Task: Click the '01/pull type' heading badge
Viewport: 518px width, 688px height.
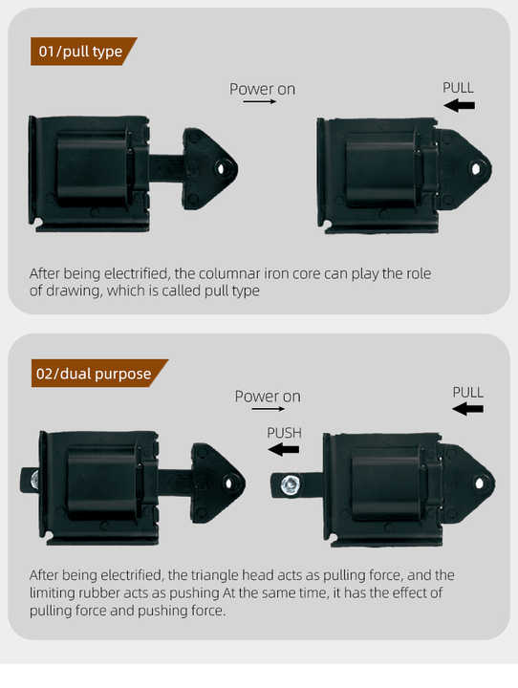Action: (x=83, y=52)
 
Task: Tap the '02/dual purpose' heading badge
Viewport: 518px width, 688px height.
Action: (x=99, y=374)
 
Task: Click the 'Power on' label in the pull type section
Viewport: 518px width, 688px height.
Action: (x=262, y=89)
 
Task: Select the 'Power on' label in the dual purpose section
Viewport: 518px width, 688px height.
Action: (x=268, y=397)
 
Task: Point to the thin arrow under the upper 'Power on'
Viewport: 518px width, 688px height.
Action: (x=259, y=102)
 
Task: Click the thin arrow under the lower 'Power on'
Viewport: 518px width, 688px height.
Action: (x=269, y=409)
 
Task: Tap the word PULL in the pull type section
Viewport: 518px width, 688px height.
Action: (x=458, y=88)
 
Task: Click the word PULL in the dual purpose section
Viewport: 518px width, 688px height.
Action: (x=468, y=393)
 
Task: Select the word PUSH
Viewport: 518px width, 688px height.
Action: (x=285, y=433)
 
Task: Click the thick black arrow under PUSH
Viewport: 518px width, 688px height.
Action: (x=283, y=450)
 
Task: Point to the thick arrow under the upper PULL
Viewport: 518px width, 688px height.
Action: (x=459, y=105)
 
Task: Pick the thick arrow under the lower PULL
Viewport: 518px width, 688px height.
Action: (x=467, y=409)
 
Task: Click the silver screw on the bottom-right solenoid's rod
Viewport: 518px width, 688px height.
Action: (x=290, y=484)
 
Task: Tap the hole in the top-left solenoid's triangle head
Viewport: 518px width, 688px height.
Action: (x=221, y=168)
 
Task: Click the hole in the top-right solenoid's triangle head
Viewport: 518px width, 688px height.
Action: (x=476, y=168)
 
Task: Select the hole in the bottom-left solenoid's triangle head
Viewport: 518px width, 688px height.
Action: (x=228, y=484)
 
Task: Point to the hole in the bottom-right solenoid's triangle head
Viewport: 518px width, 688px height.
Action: (x=480, y=484)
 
